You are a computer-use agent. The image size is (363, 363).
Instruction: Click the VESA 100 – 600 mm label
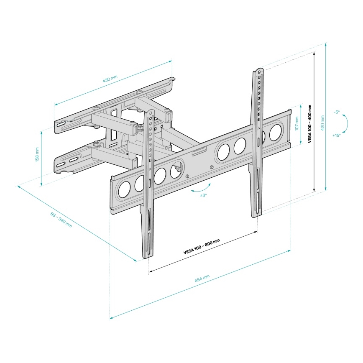202,246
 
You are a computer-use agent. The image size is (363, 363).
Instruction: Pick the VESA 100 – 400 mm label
309,124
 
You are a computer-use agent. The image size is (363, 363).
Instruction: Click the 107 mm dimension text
297,124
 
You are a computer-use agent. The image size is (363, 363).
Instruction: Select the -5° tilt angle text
337,112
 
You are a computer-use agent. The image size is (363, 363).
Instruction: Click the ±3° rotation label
203,195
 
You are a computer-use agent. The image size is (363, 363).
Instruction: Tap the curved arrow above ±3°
201,189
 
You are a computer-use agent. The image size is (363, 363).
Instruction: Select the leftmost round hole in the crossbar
124,190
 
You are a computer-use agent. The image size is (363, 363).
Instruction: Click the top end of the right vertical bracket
258,70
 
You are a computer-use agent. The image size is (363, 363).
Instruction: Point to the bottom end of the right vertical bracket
257,214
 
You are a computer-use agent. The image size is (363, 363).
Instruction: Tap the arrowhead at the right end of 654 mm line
289,251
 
